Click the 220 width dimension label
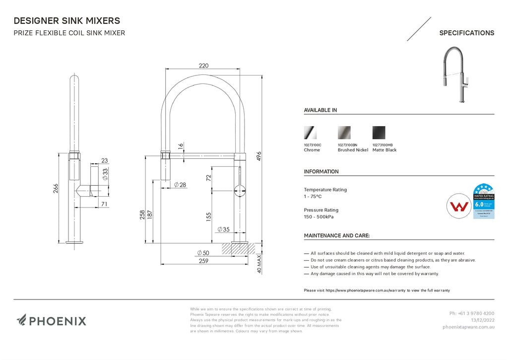click(203, 66)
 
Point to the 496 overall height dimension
click(258, 156)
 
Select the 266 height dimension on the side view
click(56, 189)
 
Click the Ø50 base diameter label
click(203, 253)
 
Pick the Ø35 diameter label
click(223, 229)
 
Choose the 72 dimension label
click(209, 177)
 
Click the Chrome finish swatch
click(310, 133)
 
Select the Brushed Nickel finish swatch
click(344, 133)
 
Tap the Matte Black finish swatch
click(379, 133)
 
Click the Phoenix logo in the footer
click(51, 321)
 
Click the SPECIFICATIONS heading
click(466, 33)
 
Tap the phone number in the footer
click(471, 313)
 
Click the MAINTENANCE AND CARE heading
click(336, 235)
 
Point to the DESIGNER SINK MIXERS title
click(66, 21)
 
